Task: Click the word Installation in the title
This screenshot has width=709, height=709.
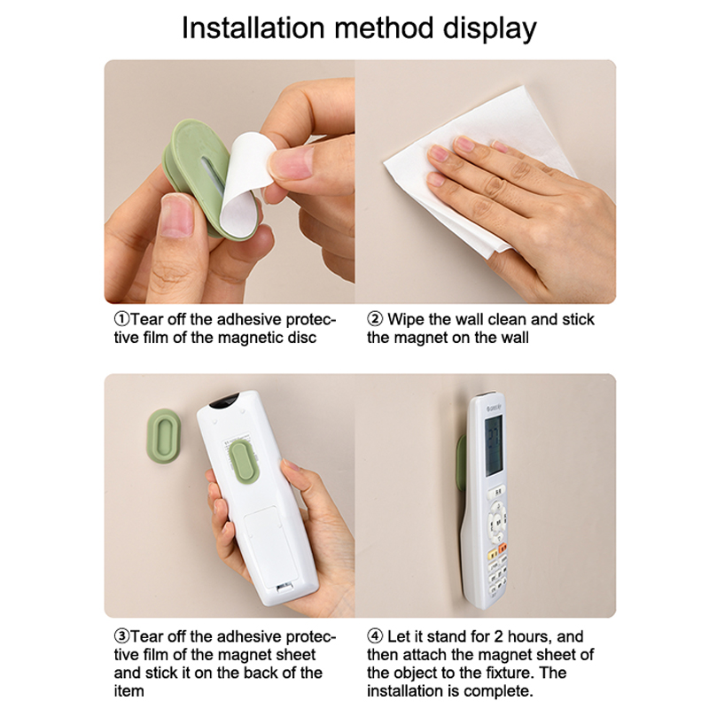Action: [x=253, y=28]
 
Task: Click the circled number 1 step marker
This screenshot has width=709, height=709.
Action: [x=122, y=319]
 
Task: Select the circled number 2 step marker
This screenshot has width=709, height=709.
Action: [x=375, y=319]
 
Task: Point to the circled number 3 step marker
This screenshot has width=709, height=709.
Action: [x=122, y=636]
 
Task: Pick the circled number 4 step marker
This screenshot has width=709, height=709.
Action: [x=375, y=636]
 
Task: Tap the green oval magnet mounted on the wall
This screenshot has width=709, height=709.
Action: [x=164, y=430]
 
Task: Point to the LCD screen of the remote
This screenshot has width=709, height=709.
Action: [x=494, y=446]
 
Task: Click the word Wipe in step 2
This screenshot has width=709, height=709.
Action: [x=406, y=320]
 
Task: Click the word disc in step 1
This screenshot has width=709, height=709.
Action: [x=301, y=338]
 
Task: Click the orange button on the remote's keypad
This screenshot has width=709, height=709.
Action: [x=502, y=549]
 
